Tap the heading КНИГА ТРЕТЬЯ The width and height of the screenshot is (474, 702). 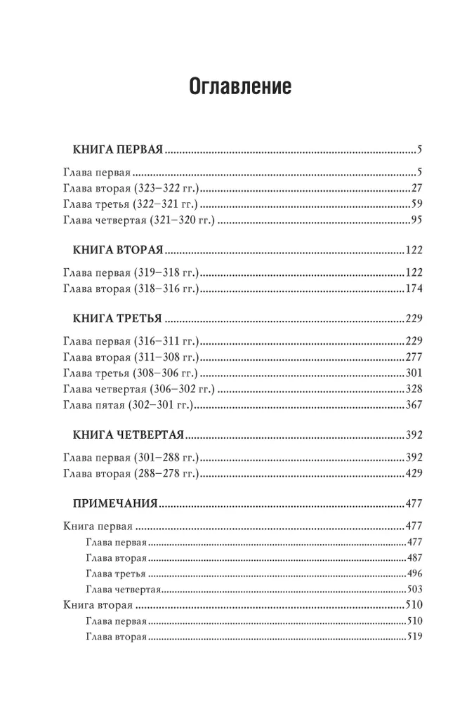(117, 318)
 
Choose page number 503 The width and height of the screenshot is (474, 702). (413, 589)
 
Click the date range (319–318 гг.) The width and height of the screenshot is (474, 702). (166, 272)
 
